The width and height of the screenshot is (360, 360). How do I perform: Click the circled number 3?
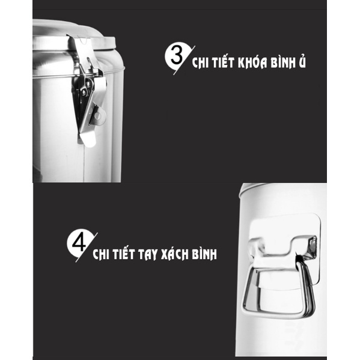pos(176,58)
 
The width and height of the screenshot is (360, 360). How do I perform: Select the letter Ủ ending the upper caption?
pos(302,63)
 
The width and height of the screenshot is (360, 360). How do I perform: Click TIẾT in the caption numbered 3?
pos(219,63)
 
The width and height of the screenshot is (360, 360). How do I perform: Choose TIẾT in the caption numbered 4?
pos(120,254)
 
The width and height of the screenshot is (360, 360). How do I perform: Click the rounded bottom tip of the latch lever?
pos(88,139)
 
